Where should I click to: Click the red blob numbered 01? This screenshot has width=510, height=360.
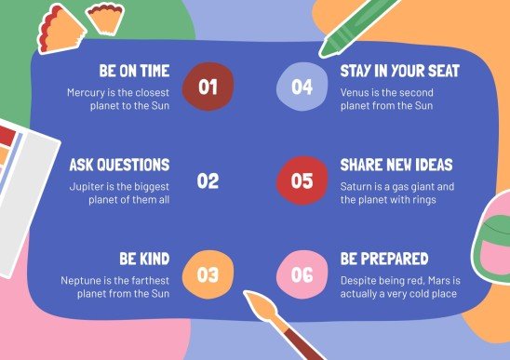coord(207,87)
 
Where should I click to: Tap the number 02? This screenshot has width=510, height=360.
coord(207,180)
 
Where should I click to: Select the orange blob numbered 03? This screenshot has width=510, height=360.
coord(207,274)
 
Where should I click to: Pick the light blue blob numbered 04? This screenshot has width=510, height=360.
coord(302,87)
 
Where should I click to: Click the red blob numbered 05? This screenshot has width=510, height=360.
coord(302,180)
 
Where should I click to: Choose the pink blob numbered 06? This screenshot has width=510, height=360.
coord(302,274)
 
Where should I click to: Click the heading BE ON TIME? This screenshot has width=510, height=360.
coord(134,71)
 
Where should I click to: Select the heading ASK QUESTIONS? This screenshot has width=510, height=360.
coord(119,165)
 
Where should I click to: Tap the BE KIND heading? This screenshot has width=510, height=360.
coord(144,258)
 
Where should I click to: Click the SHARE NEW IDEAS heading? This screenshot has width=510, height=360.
coord(396,165)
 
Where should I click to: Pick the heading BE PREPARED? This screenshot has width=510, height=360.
coord(383,258)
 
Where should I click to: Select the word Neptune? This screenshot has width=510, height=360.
coord(85,279)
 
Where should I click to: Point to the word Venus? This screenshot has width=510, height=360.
coord(356,92)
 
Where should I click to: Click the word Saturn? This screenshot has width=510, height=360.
coord(359,186)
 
